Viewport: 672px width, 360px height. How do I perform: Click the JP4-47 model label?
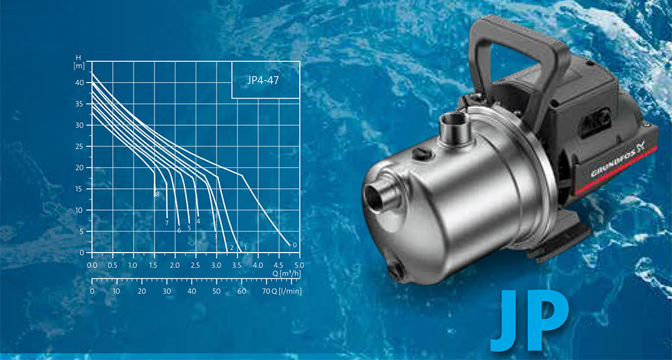[x=263, y=80]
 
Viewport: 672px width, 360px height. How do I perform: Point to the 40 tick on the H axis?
[x=80, y=83]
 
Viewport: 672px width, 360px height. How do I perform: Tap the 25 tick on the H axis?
[x=80, y=146]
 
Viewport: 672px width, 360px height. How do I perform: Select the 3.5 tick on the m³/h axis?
[x=237, y=265]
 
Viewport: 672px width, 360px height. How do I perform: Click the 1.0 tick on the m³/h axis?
[x=133, y=265]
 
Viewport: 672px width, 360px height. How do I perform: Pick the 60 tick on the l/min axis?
[x=242, y=291]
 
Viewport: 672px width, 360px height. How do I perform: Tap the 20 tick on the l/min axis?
[x=142, y=291]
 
